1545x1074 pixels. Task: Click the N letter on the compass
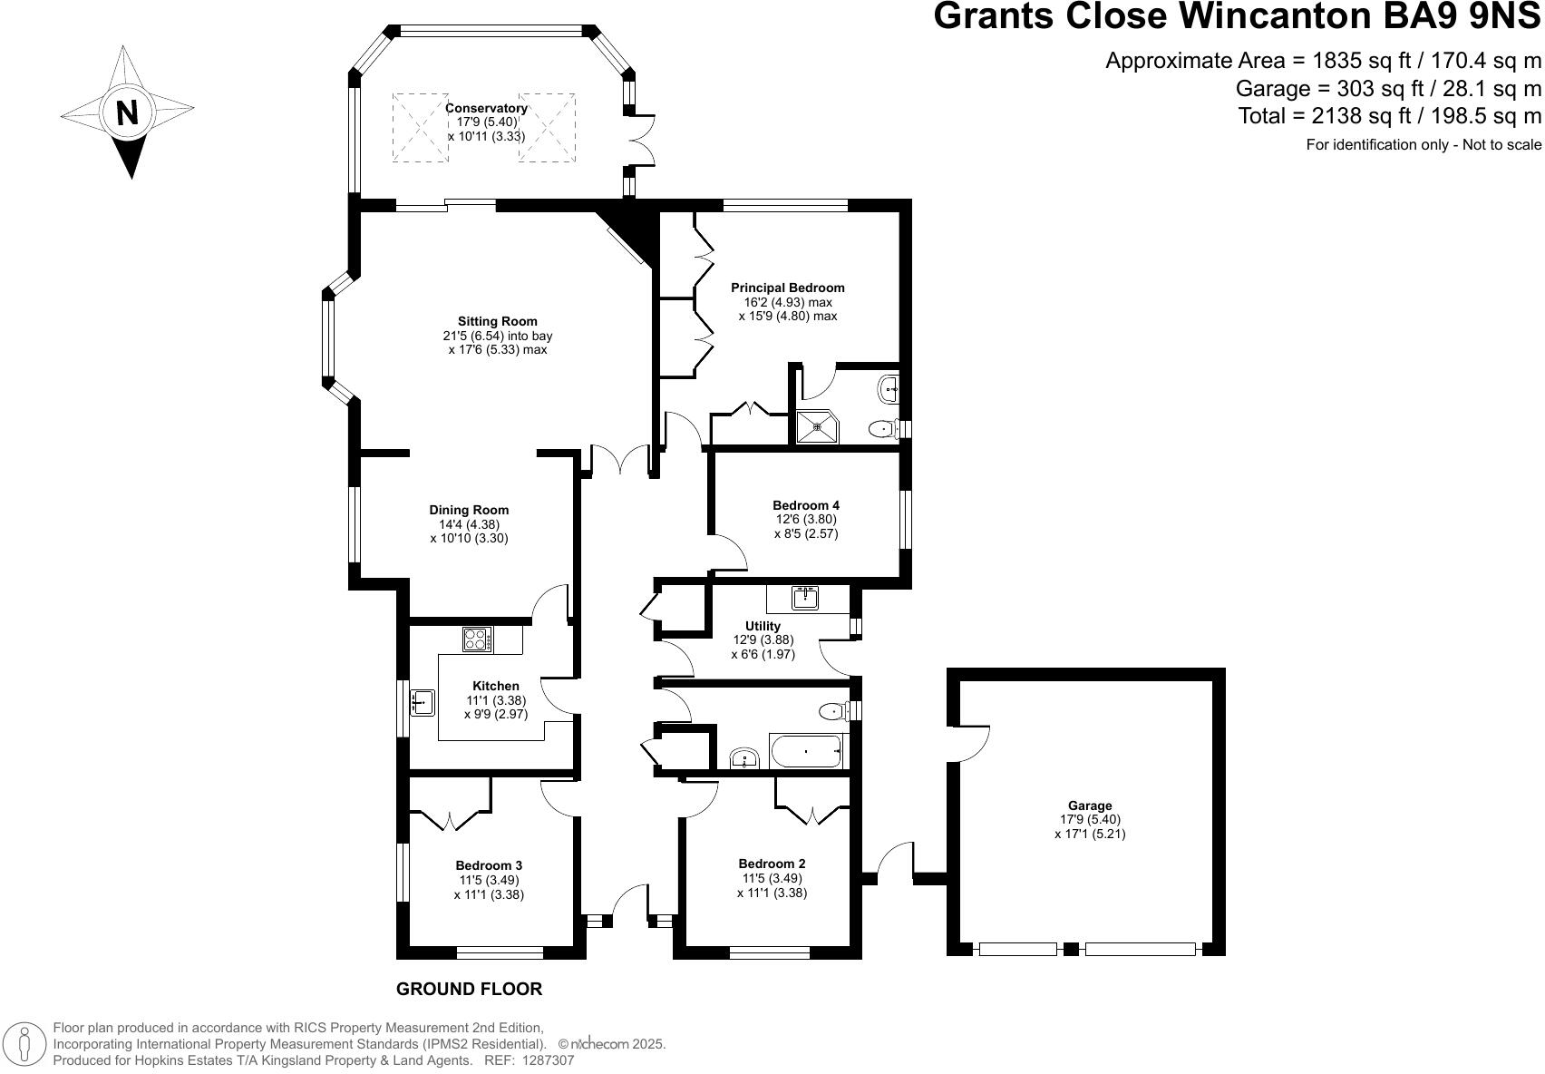(128, 112)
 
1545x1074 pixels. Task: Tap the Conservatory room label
(486, 108)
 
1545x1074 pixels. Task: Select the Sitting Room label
(497, 321)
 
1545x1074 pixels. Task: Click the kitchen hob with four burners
(477, 639)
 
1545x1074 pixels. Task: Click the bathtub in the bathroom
(806, 751)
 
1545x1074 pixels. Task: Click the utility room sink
(805, 598)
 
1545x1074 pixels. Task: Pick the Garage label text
(1090, 805)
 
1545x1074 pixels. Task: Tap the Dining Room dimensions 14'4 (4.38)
(469, 524)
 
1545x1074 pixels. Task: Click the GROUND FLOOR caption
(469, 990)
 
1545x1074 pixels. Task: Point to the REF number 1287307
(545, 1059)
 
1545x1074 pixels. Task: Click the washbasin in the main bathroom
(744, 758)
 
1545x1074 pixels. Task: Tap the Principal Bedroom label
(787, 288)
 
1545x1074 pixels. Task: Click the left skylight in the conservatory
(420, 127)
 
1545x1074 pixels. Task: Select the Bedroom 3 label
(489, 865)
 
